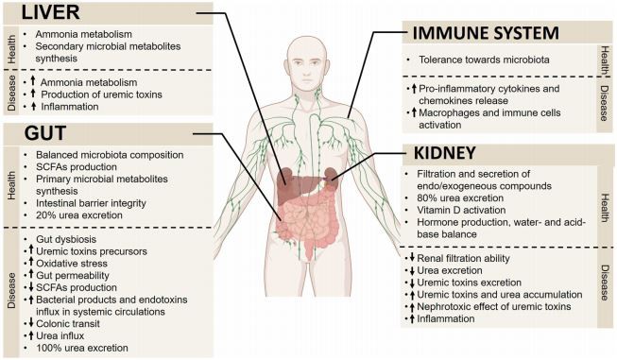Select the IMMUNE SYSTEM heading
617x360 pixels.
click(484, 34)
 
